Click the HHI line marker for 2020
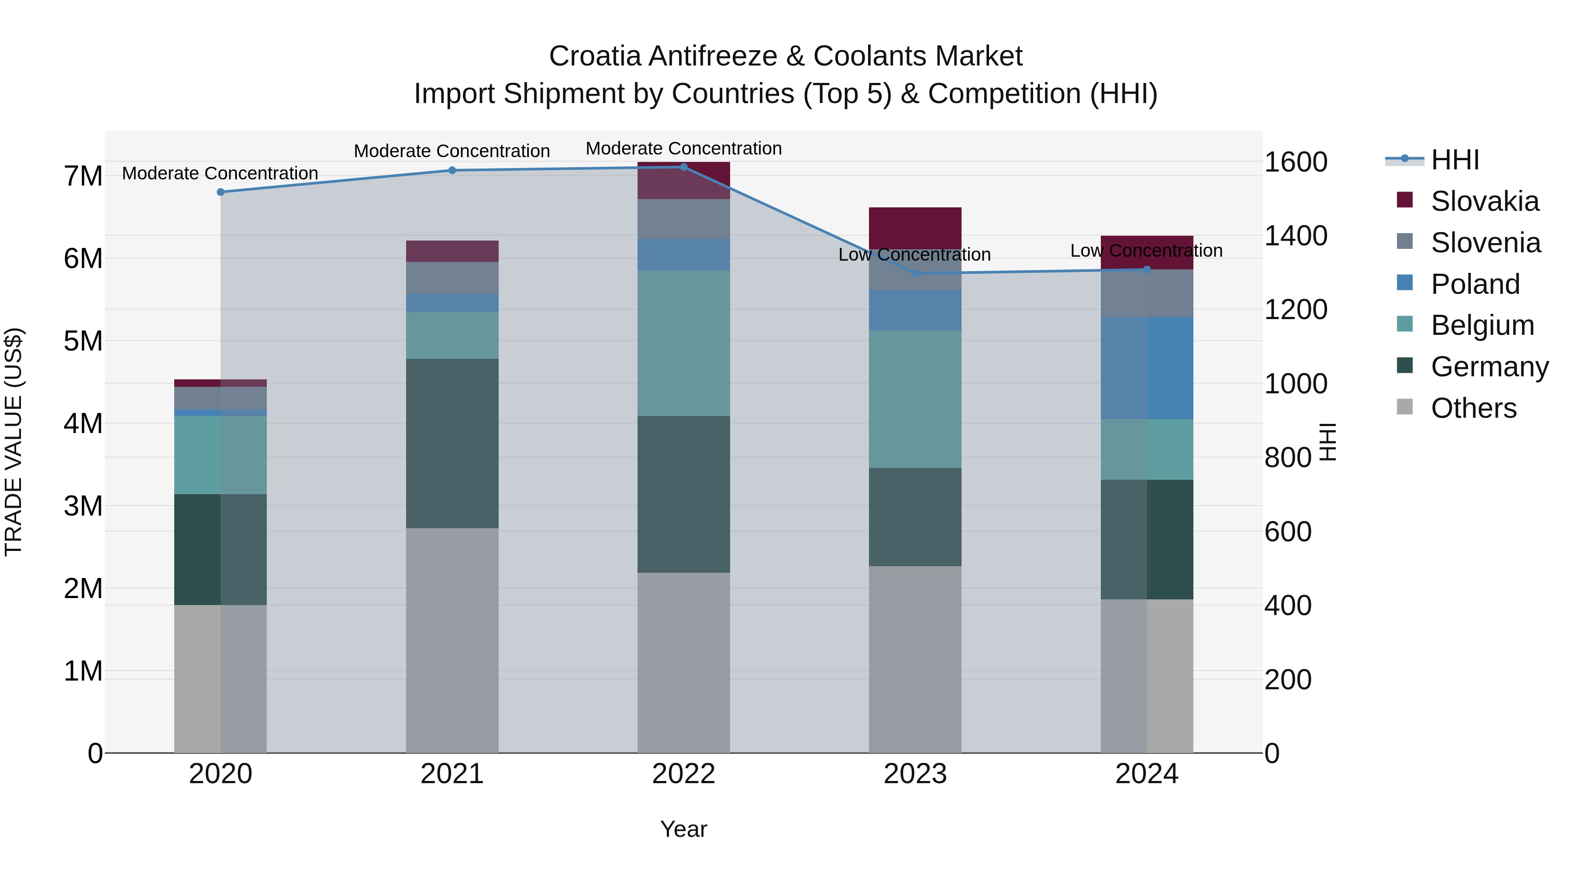click(221, 192)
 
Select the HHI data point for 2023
click(915, 273)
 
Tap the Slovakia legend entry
click(1484, 201)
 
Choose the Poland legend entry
click(1475, 284)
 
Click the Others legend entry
click(1473, 408)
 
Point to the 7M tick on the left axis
click(83, 176)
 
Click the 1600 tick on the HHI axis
click(1295, 162)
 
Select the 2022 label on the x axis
click(683, 774)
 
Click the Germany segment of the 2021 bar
click(452, 444)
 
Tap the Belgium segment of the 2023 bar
click(915, 399)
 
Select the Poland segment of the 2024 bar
click(1147, 368)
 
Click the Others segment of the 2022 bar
click(683, 663)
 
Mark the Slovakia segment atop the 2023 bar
click(915, 227)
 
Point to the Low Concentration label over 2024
click(1146, 251)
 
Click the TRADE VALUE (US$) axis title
click(14, 442)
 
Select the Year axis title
click(683, 829)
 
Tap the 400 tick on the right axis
click(1288, 606)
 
